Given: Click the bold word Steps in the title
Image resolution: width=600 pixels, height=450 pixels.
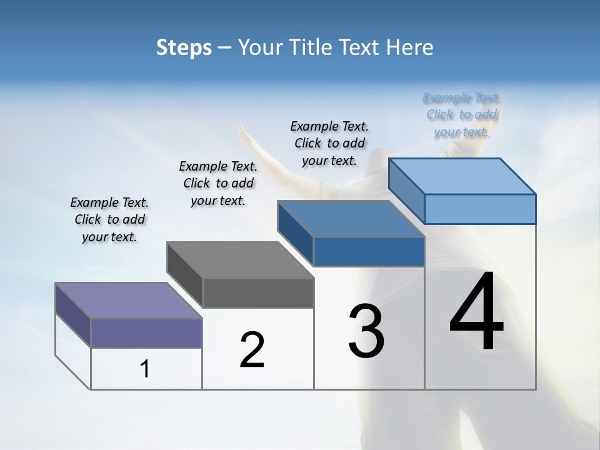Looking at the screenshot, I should tap(184, 47).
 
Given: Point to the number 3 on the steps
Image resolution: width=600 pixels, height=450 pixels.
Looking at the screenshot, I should tap(366, 331).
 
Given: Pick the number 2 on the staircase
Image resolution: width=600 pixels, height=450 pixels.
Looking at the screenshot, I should tap(252, 350).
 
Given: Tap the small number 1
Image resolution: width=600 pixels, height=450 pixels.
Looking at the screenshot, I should tap(145, 369).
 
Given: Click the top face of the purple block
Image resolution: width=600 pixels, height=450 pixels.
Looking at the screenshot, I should tap(128, 300).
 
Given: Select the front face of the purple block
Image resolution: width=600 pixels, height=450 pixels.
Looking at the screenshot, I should tap(146, 332).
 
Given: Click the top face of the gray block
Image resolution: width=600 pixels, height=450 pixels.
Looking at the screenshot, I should tap(240, 259).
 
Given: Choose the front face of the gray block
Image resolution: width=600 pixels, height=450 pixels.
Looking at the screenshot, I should tap(258, 292).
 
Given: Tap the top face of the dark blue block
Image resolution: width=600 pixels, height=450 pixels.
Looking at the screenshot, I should tap(351, 219).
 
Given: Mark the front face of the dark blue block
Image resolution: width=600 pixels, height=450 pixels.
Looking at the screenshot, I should tap(369, 251).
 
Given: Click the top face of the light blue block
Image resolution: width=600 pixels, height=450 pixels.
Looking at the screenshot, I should tap(462, 176).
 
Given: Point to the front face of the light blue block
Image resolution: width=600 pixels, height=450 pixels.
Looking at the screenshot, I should tap(480, 209).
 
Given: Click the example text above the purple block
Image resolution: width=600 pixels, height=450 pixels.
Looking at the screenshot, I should tap(109, 219).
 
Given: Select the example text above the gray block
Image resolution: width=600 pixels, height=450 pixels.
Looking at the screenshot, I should tap(218, 183).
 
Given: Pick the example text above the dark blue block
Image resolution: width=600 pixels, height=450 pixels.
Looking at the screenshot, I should tap(329, 143).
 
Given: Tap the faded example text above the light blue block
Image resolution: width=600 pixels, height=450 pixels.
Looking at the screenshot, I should tap(462, 114).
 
